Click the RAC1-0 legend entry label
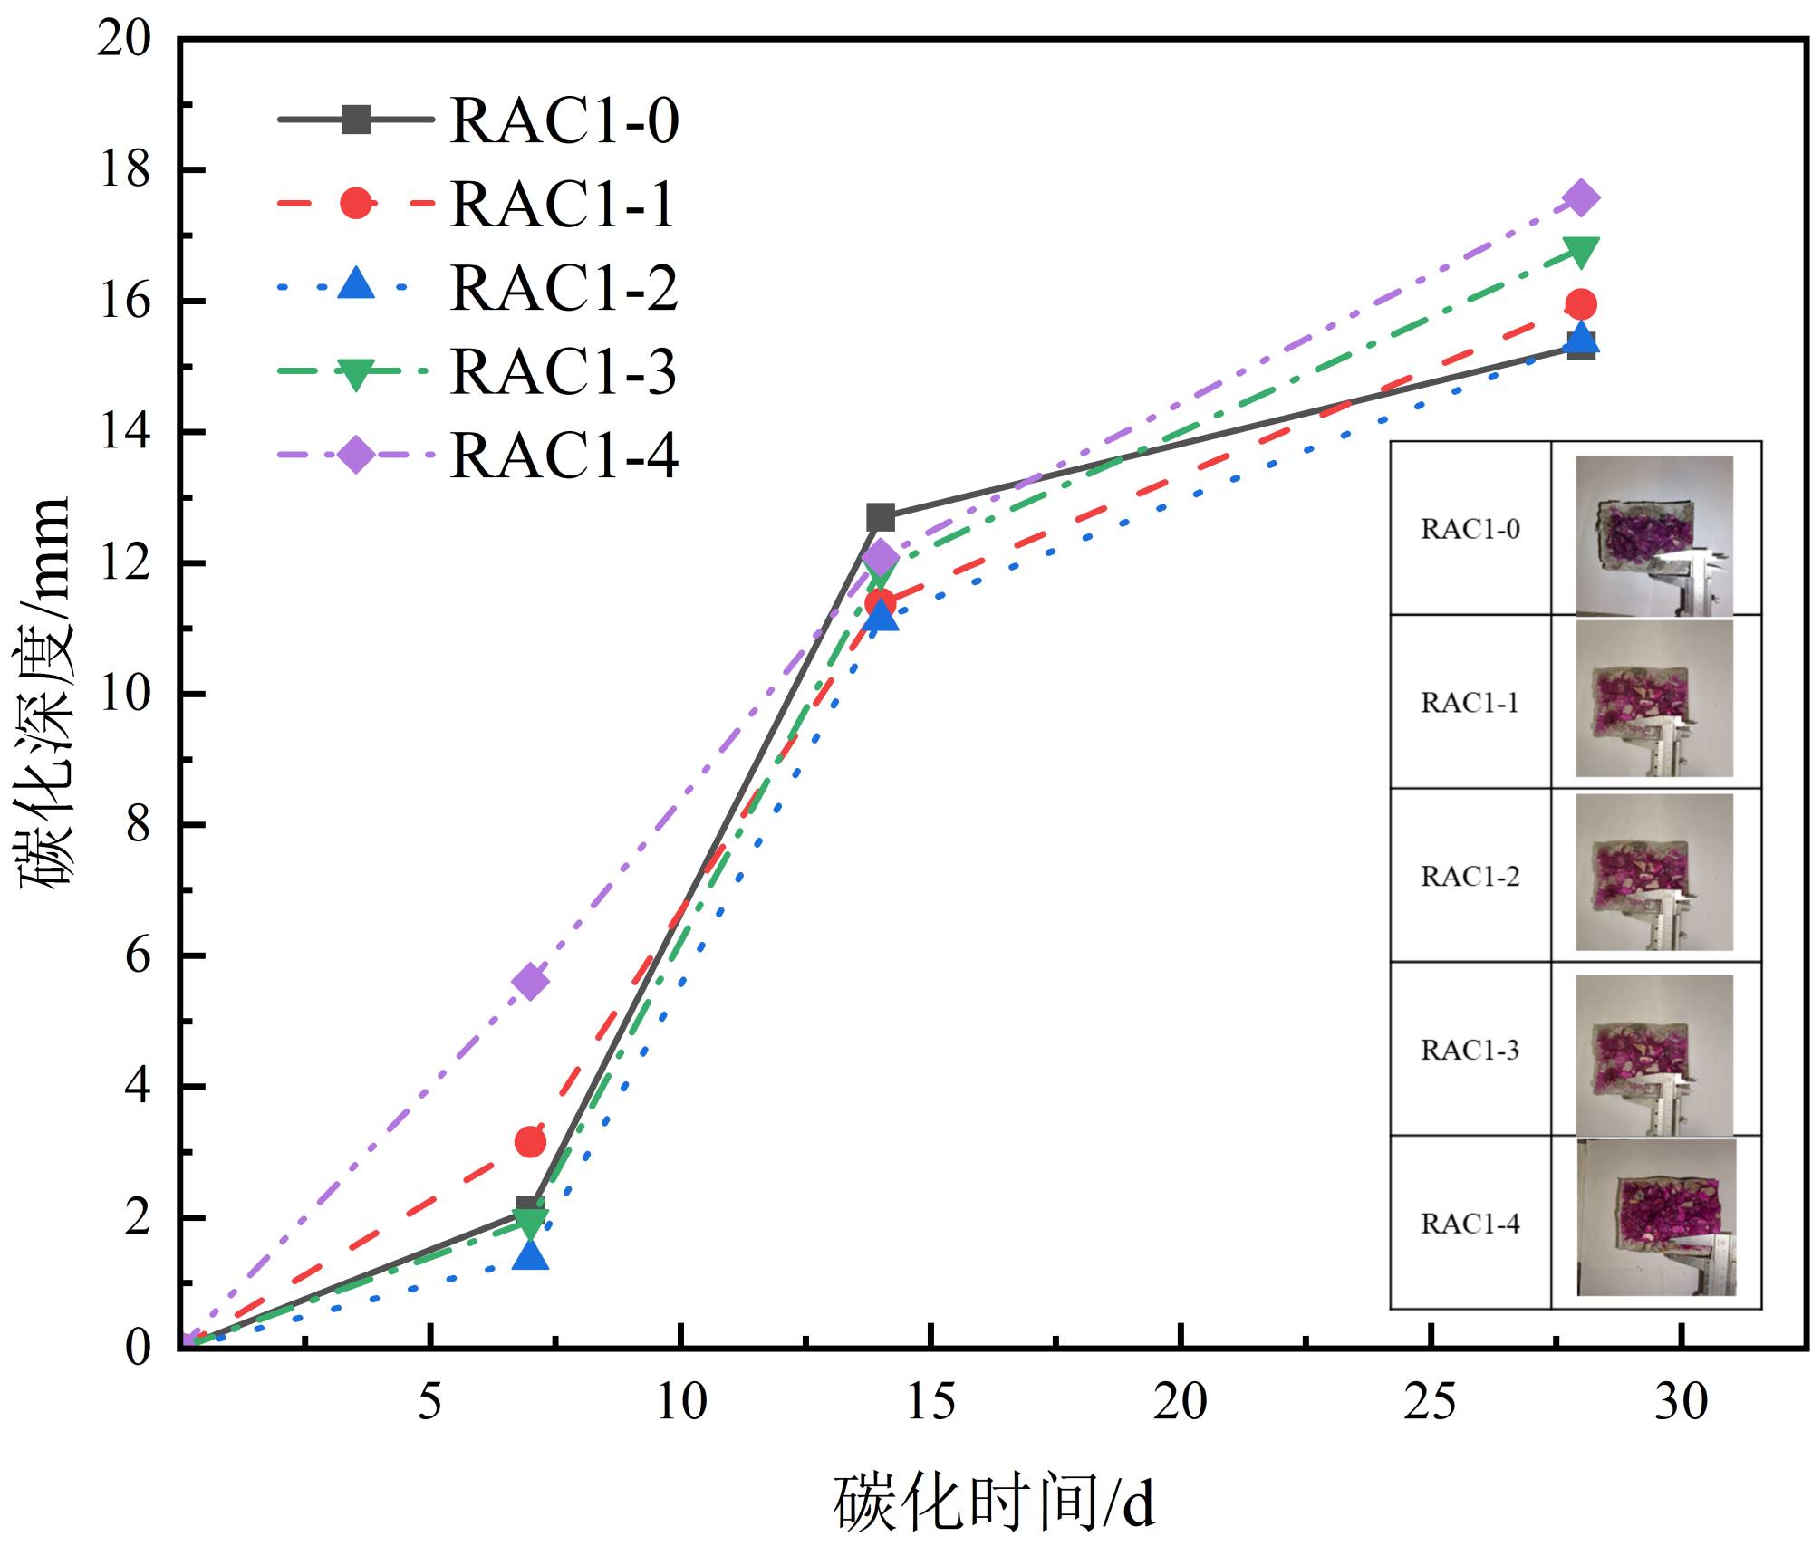pyautogui.click(x=564, y=120)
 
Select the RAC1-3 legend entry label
pyautogui.click(x=563, y=371)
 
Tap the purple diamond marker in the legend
pyautogui.click(x=356, y=454)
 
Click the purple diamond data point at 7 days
pyautogui.click(x=530, y=982)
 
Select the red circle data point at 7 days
pyautogui.click(x=530, y=1142)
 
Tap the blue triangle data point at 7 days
pyautogui.click(x=530, y=1255)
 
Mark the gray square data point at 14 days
pyautogui.click(x=881, y=518)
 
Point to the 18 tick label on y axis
pyautogui.click(x=125, y=169)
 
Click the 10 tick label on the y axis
pyautogui.click(x=125, y=694)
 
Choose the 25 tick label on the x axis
pyautogui.click(x=1431, y=1402)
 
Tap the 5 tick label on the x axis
pyautogui.click(x=429, y=1402)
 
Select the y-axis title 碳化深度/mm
pyautogui.click(x=45, y=693)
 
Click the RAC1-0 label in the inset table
pyautogui.click(x=1470, y=529)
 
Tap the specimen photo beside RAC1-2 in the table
pyautogui.click(x=1654, y=873)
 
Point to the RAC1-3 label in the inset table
pyautogui.click(x=1470, y=1050)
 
